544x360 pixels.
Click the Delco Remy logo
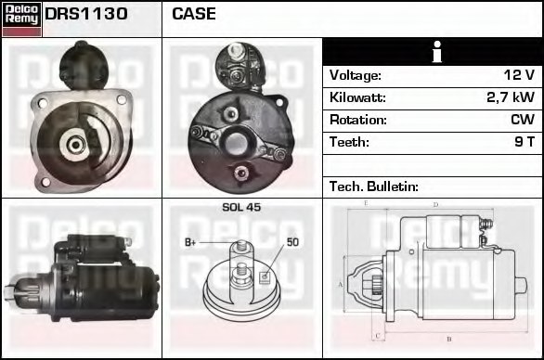(x=21, y=19)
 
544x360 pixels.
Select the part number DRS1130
(x=86, y=14)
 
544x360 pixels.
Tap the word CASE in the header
(x=194, y=14)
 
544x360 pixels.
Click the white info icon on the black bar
(x=434, y=52)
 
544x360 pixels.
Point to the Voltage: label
(x=355, y=75)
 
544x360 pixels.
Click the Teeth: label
(x=349, y=142)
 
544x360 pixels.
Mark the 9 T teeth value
(x=525, y=142)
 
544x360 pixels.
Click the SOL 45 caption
(x=241, y=207)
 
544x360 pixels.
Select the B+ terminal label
(x=190, y=242)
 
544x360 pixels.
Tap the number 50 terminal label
(x=292, y=242)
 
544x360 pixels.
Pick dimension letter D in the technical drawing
(x=435, y=204)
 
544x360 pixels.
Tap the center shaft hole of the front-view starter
(x=73, y=143)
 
